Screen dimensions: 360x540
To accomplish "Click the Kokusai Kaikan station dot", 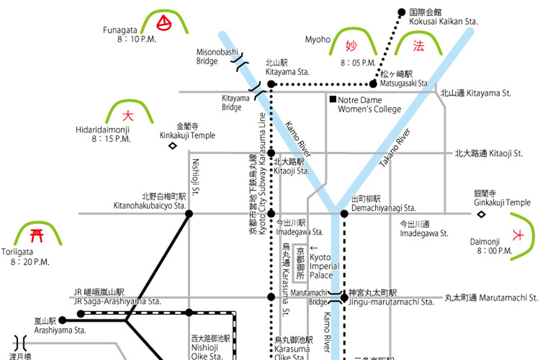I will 402,11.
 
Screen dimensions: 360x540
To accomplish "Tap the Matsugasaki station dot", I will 373,83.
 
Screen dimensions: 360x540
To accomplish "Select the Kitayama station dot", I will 271,83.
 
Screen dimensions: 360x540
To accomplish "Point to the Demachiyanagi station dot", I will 344,213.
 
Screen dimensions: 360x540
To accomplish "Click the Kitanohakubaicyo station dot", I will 189,214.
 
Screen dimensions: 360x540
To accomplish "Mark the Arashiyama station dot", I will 62,320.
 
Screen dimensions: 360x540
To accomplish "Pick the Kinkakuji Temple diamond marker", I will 173,145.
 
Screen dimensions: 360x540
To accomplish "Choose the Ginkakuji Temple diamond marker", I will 481,213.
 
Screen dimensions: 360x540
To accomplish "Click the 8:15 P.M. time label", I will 111,139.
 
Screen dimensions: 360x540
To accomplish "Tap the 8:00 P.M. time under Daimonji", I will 494,251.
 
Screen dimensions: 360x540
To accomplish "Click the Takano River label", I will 395,148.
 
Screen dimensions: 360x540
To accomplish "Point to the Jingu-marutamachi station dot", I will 344,297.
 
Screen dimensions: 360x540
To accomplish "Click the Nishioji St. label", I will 196,176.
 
